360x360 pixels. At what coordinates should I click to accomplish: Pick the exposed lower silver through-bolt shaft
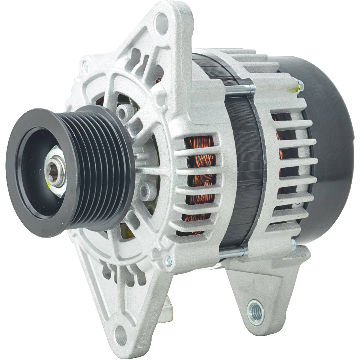232,253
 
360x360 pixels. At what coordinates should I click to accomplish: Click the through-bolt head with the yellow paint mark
299,86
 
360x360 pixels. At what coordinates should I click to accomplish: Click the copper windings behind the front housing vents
200,180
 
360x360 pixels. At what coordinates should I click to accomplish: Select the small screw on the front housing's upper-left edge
85,66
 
